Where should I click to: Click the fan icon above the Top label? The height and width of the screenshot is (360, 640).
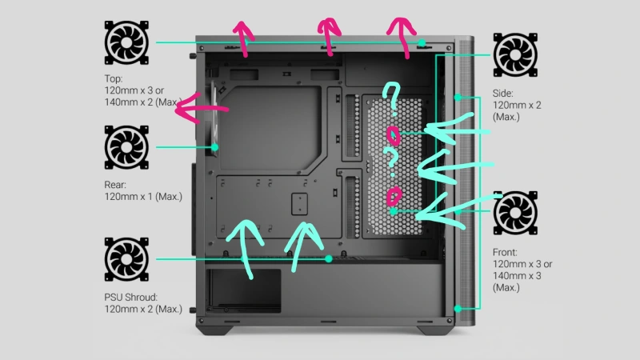(x=126, y=42)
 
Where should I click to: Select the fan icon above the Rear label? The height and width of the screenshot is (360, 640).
(x=126, y=147)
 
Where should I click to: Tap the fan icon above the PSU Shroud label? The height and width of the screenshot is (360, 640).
(x=126, y=259)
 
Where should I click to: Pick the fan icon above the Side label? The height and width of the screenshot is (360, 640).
(x=515, y=54)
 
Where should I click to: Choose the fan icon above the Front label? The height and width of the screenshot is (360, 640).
(x=515, y=213)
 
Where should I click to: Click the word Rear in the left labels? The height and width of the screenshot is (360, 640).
(x=115, y=185)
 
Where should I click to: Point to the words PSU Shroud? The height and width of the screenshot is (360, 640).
(x=130, y=297)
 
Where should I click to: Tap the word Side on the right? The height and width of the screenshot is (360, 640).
(x=502, y=94)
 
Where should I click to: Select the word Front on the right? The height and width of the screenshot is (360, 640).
(x=505, y=252)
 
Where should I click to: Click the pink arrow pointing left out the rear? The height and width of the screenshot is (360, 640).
(x=202, y=109)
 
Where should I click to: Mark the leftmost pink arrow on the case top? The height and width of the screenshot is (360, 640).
(x=244, y=38)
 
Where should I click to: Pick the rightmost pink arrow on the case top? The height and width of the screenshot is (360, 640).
(x=404, y=37)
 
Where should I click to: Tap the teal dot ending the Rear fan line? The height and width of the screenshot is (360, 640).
(x=214, y=147)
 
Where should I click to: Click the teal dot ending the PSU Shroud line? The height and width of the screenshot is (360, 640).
(x=329, y=258)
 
